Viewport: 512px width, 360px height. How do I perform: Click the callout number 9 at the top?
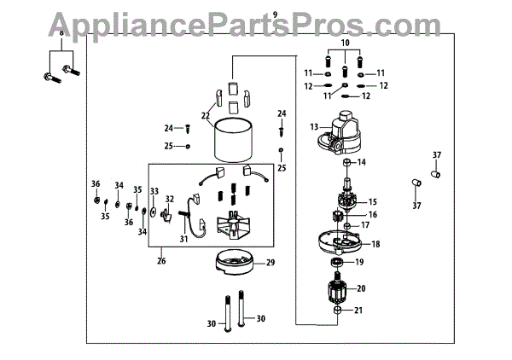point(276,15)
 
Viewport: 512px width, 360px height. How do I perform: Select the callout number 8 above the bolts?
point(61,33)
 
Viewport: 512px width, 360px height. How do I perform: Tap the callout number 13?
point(314,127)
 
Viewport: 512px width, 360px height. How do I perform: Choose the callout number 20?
point(361,288)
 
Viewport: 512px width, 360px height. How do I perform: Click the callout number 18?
point(375,243)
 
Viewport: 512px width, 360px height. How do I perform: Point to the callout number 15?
point(372,201)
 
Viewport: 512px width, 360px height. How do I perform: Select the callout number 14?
point(361,162)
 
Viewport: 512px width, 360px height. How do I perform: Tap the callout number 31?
point(183,239)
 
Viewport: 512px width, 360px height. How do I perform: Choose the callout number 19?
point(360,263)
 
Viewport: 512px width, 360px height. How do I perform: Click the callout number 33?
point(154,191)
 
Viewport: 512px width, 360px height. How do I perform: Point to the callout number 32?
point(168,200)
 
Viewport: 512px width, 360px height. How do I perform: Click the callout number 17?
point(364,226)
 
